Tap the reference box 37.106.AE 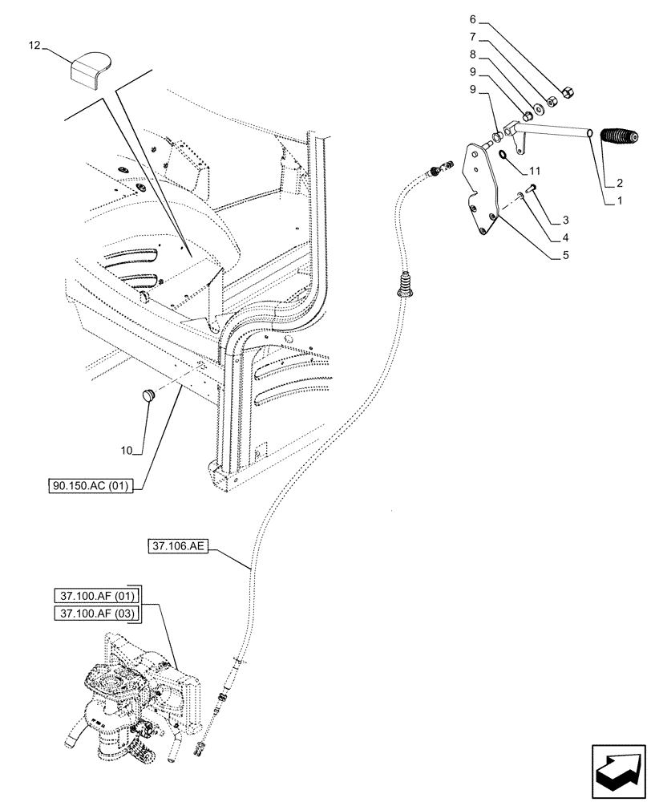pos(177,547)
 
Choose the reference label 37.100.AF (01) pos(97,596)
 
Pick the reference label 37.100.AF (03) pos(97,614)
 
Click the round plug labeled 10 pos(147,394)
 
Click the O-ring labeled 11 pos(501,154)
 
